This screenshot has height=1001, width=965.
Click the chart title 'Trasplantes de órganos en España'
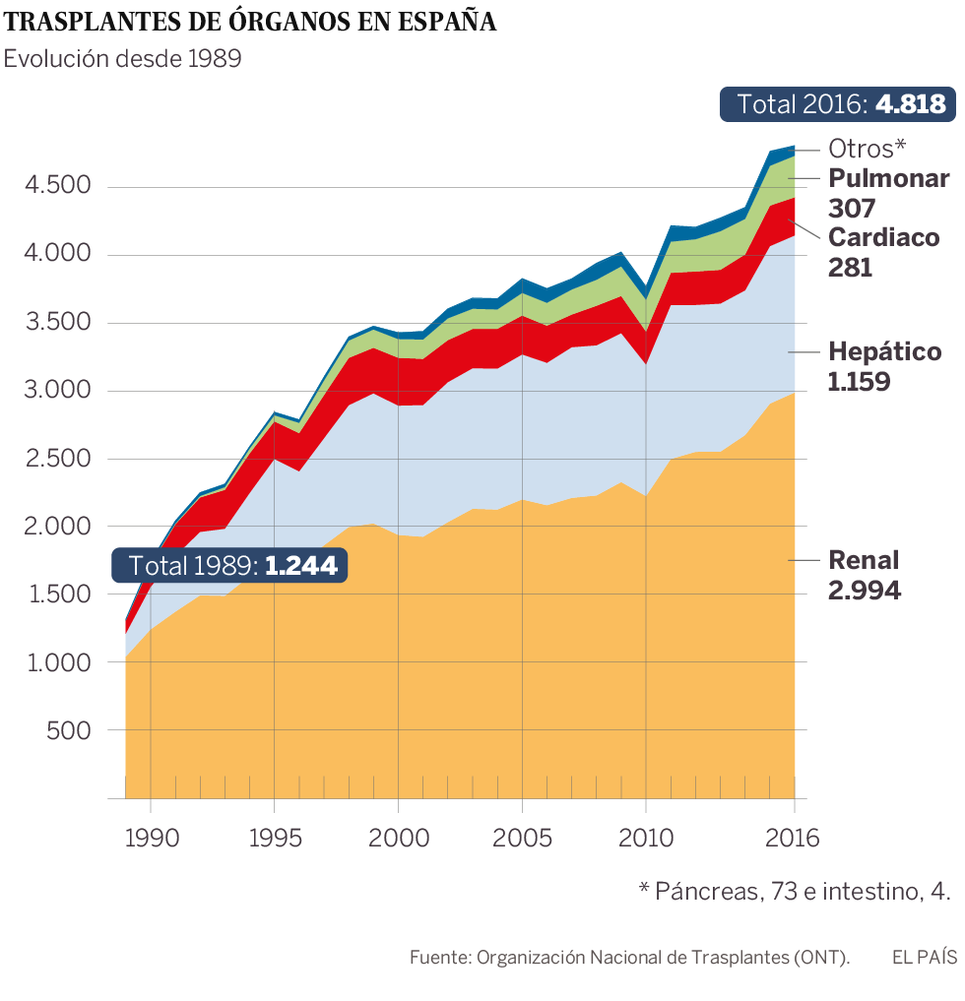coord(250,22)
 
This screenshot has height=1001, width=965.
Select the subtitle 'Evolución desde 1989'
coord(123,58)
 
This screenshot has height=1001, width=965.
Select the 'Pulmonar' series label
coord(889,178)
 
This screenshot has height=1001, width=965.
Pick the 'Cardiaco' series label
coord(884,237)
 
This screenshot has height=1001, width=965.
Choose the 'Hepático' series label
coord(885,351)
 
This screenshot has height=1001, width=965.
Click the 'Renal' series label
coord(865,560)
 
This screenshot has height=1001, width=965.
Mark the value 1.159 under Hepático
coord(860,382)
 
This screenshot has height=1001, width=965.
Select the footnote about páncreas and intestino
coord(795,891)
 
